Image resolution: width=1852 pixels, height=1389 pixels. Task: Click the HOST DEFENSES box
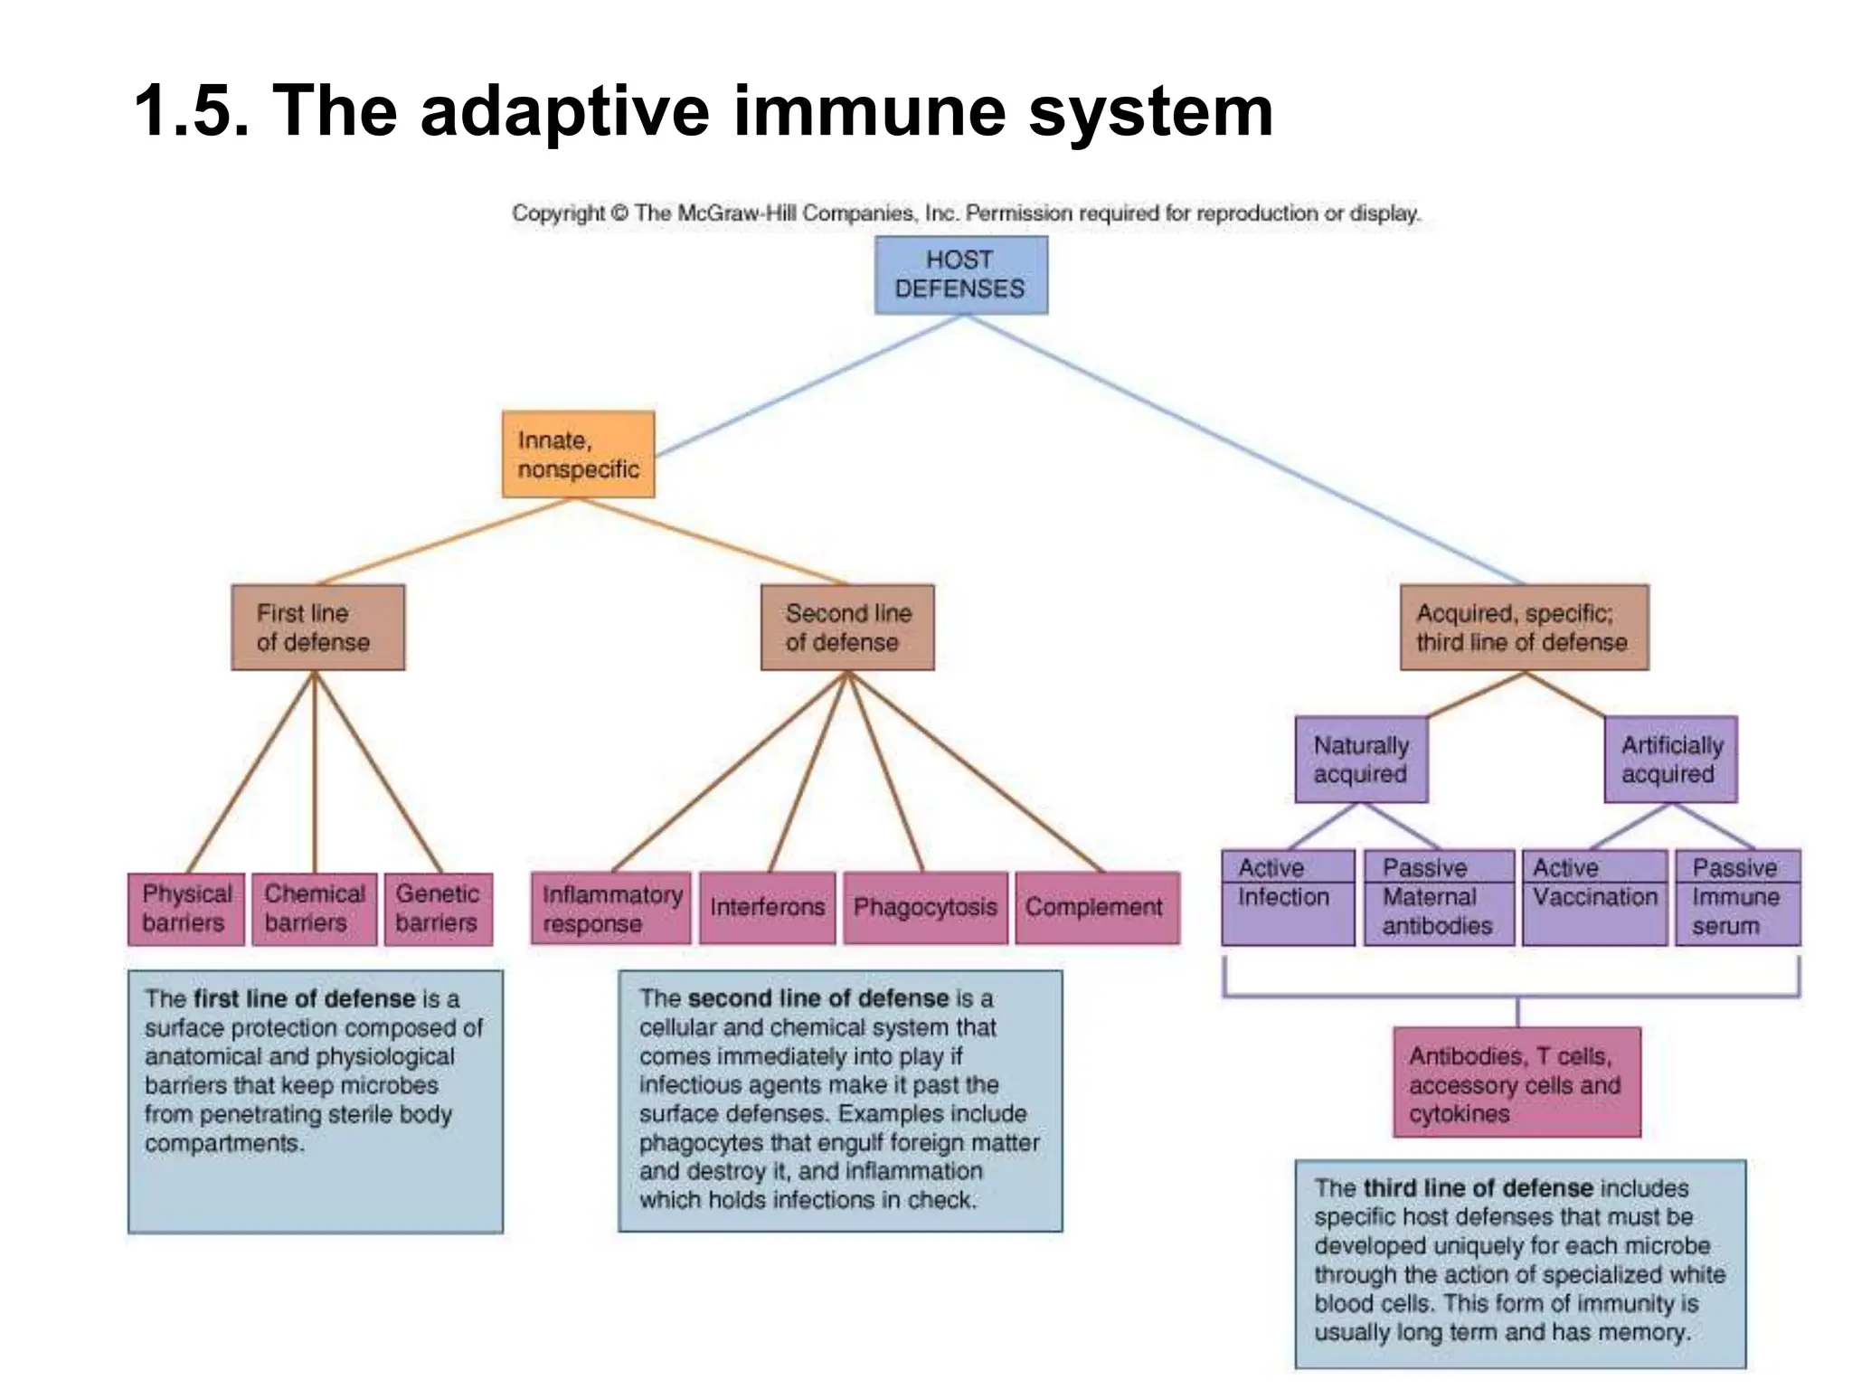[x=960, y=275]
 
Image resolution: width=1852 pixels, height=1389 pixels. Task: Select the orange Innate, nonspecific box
[x=578, y=454]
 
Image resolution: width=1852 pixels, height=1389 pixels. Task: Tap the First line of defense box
[x=317, y=627]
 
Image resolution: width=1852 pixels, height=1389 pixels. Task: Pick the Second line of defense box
[x=846, y=627]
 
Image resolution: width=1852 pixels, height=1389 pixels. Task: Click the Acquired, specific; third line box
[x=1523, y=627]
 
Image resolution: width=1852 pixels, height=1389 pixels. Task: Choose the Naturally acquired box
[x=1361, y=759]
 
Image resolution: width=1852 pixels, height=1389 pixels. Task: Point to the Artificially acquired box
[x=1670, y=759]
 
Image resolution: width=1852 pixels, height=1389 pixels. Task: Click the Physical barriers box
[x=185, y=908]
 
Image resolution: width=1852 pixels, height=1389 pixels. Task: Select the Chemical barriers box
[x=314, y=908]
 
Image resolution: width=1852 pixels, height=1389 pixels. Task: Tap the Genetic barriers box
[x=438, y=908]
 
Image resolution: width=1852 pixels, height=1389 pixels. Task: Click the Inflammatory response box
[x=610, y=908]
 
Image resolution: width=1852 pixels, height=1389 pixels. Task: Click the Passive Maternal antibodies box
[x=1438, y=897]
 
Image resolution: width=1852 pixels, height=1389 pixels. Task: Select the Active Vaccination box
[x=1594, y=897]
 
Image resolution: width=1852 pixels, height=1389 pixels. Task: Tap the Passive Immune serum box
[x=1737, y=897]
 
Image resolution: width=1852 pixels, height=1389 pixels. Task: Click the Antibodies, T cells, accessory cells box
[x=1517, y=1082]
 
